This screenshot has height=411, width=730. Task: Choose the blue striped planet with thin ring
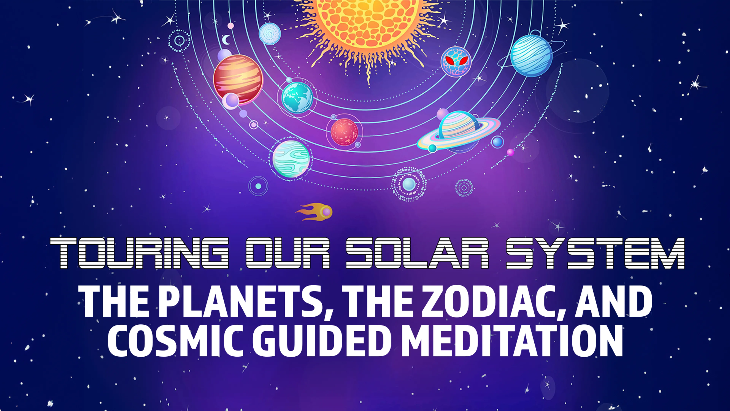point(531,56)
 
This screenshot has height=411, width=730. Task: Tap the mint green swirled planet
point(291,159)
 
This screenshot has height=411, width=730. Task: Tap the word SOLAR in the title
point(417,253)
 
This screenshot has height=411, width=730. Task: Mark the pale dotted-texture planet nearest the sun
point(270,33)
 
